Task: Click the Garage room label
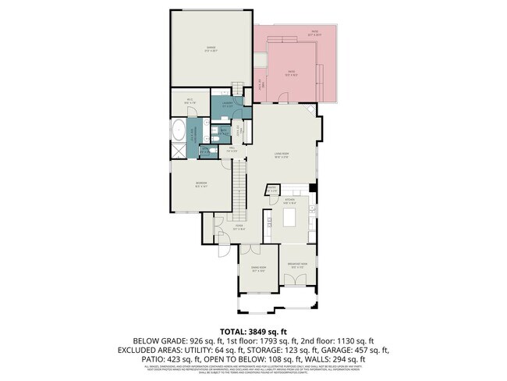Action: (x=211, y=48)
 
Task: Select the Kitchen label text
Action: (x=289, y=201)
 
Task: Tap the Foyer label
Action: (x=239, y=228)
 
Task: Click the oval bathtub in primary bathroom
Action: (x=179, y=130)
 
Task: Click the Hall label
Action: (x=232, y=149)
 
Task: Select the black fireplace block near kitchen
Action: (x=312, y=187)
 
